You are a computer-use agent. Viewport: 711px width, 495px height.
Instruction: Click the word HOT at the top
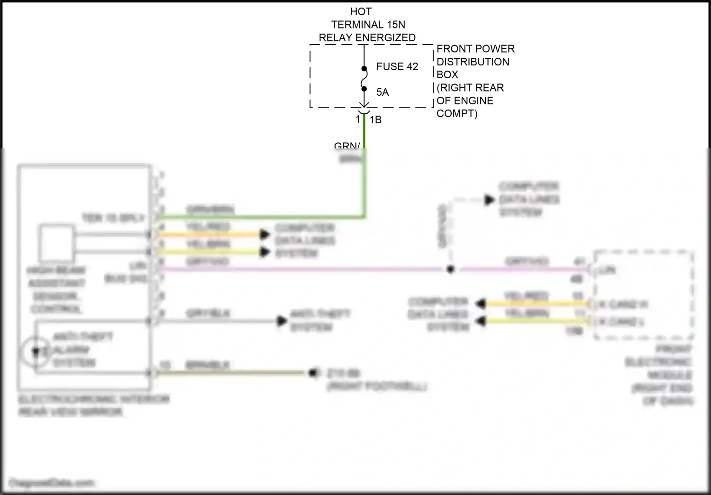click(361, 11)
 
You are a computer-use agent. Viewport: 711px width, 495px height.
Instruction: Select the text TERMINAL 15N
click(368, 25)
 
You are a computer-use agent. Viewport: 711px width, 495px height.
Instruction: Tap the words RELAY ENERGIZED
click(367, 37)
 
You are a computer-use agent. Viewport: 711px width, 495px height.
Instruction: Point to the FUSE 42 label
click(397, 67)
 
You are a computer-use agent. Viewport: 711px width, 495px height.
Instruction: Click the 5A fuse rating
click(383, 92)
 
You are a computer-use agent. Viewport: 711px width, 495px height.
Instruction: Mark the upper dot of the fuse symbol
click(364, 69)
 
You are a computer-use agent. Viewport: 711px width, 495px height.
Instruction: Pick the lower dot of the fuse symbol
click(364, 88)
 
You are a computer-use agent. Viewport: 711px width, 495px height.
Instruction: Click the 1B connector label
click(375, 120)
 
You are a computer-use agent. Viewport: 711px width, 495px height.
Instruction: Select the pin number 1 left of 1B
click(358, 119)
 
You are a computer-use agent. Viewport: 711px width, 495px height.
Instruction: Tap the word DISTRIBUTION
click(473, 62)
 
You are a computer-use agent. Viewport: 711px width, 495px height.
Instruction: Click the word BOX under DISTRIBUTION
click(447, 74)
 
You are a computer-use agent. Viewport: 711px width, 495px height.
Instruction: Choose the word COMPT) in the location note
click(456, 113)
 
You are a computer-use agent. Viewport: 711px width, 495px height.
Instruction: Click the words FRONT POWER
click(475, 49)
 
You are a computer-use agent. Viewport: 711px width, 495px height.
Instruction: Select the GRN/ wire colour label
click(347, 146)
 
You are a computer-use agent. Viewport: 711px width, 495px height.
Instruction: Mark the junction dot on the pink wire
click(450, 269)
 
